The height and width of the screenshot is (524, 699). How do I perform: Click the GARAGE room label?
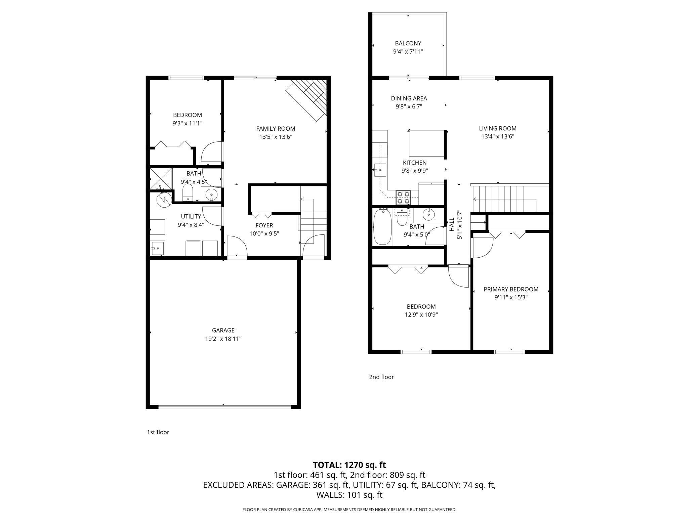coord(223,330)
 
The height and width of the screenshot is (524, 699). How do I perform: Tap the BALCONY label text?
coord(408,43)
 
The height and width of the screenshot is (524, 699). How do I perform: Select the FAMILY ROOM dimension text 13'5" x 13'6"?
coord(276,137)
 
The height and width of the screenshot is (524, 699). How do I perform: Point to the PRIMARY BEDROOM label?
coord(511,289)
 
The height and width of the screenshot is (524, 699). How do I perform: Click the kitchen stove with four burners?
coord(403,197)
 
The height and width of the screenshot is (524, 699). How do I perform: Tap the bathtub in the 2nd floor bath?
coord(382,227)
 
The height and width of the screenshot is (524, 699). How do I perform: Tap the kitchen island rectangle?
coord(427,143)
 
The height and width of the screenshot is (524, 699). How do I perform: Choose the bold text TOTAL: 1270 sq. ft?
coord(349,465)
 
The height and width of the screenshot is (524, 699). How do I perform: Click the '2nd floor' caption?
coord(381,377)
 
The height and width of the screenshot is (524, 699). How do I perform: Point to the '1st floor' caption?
coord(158,432)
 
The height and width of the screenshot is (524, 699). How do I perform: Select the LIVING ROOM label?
coord(498,128)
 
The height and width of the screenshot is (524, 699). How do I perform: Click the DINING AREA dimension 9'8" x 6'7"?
coord(409,107)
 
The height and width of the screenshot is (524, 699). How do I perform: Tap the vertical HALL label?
coord(452,224)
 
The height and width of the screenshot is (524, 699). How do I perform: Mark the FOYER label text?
coord(264,225)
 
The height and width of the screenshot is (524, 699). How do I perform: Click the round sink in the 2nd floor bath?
coord(428,214)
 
